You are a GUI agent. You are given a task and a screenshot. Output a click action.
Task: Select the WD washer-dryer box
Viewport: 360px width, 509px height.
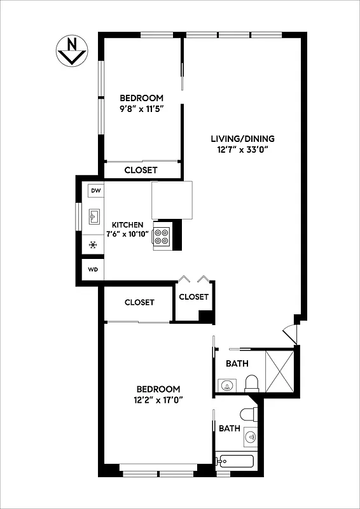click(x=93, y=269)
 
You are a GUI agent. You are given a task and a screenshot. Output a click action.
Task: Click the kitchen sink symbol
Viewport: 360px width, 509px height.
click(x=93, y=217)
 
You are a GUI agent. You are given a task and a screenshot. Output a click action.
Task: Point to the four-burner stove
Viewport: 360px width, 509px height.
click(x=162, y=236)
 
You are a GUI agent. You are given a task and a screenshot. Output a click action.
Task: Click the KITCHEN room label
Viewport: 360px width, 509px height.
click(x=128, y=225)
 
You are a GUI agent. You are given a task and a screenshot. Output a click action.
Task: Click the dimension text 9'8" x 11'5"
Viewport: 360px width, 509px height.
click(x=142, y=109)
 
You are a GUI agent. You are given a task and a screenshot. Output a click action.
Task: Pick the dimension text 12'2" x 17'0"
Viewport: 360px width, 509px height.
click(x=159, y=401)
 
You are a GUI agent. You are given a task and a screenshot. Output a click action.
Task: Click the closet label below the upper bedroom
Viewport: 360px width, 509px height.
click(x=141, y=170)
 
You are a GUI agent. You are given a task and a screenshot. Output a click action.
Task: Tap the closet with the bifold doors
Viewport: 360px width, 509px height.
click(x=194, y=297)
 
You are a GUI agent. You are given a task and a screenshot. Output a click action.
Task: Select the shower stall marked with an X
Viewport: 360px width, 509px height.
click(x=279, y=370)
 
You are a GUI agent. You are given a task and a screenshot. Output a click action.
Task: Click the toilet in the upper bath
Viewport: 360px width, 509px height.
click(x=251, y=383)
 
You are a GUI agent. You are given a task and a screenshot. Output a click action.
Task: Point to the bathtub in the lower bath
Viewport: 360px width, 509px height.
click(x=235, y=462)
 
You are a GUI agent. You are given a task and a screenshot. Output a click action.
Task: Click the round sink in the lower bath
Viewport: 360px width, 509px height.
click(x=251, y=437)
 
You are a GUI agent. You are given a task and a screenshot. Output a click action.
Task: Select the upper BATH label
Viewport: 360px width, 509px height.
click(x=237, y=364)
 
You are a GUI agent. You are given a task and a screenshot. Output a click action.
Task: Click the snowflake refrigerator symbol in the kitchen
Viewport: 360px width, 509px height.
click(x=93, y=244)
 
